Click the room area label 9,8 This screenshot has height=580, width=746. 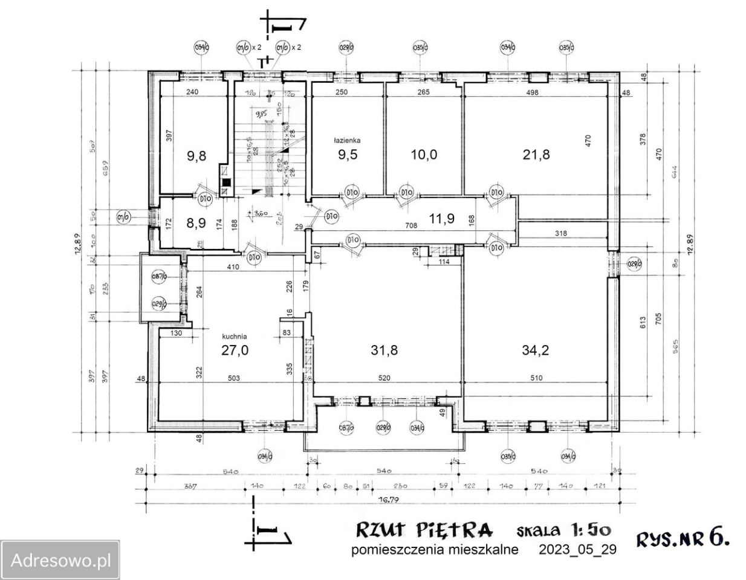coord(196,155)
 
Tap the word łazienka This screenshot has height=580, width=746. coord(347,140)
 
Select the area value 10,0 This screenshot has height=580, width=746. coord(423,154)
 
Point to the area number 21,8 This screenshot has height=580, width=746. coord(536,154)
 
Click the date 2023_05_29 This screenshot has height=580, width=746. coord(577,549)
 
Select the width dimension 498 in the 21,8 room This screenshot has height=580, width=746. coord(533,92)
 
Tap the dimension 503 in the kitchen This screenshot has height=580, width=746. coord(234,379)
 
